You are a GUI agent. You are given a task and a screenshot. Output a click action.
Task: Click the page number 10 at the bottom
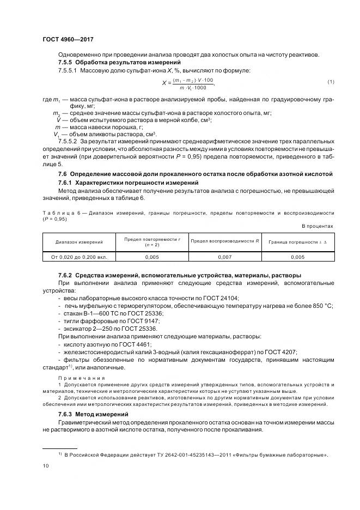pyautogui.click(x=45, y=466)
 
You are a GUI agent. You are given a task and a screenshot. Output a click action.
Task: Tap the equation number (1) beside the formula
pyautogui.click(x=330, y=82)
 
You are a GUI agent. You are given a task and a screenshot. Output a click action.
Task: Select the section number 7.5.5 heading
pyautogui.click(x=65, y=63)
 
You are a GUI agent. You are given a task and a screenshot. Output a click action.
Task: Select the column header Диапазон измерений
pyautogui.click(x=79, y=241)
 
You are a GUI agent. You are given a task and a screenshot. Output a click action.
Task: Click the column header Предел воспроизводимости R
pyautogui.click(x=224, y=241)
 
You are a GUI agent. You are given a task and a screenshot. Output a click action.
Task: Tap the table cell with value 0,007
pyautogui.click(x=224, y=256)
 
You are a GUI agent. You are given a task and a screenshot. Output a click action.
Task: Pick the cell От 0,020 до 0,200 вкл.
pyautogui.click(x=79, y=256)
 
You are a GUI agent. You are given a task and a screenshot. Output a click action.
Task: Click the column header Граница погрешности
pyautogui.click(x=297, y=241)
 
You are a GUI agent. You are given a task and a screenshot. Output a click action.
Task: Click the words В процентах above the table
pyautogui.click(x=318, y=226)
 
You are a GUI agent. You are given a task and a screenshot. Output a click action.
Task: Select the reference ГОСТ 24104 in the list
pyautogui.click(x=219, y=298)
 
